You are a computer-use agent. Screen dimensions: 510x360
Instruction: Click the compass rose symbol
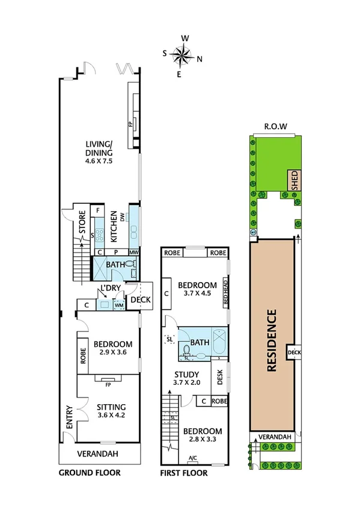coord(182,56)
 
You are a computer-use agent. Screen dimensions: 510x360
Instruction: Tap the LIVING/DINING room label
coord(100,148)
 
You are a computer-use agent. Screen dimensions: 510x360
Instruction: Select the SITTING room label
coord(112,407)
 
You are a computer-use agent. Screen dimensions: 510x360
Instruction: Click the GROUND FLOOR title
coord(90,473)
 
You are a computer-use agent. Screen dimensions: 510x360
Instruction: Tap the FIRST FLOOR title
coord(184,473)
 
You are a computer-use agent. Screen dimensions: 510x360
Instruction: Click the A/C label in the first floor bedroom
coord(193,458)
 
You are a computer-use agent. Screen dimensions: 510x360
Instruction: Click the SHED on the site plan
coord(294,180)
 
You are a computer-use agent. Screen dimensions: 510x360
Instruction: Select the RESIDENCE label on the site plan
coord(271,340)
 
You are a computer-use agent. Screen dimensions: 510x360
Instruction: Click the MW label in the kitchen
coord(134,252)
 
